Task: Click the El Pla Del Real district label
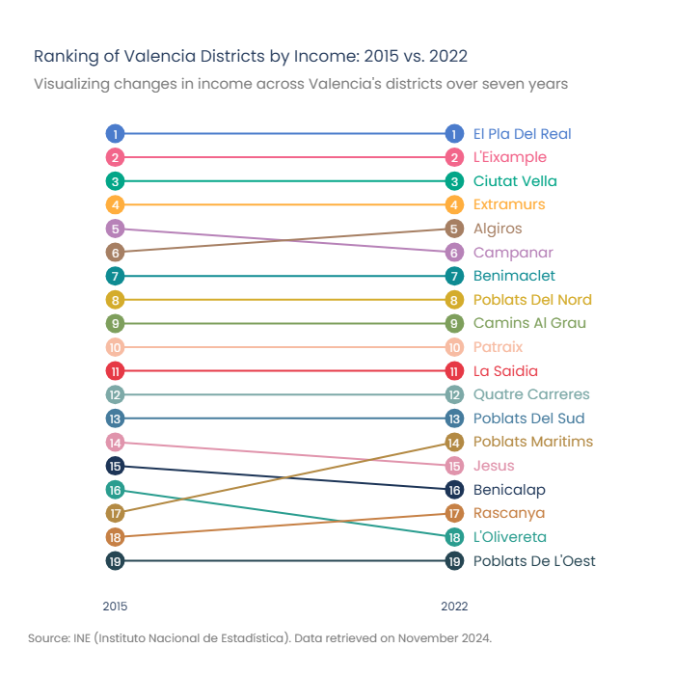pos(523,134)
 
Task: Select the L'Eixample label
pos(510,157)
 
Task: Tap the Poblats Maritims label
pos(533,442)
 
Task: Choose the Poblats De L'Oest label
pos(534,561)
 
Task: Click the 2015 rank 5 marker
pos(115,229)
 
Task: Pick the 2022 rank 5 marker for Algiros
pos(454,229)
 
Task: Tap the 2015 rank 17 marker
pos(115,513)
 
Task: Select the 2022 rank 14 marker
pos(454,443)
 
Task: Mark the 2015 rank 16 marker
pos(115,490)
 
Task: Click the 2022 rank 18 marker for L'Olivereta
pos(454,537)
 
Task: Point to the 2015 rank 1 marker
pos(115,134)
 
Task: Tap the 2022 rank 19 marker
pos(454,561)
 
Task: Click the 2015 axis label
pos(115,607)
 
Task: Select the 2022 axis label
pos(454,607)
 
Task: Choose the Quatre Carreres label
pos(531,394)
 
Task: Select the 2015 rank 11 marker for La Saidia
pos(115,371)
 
